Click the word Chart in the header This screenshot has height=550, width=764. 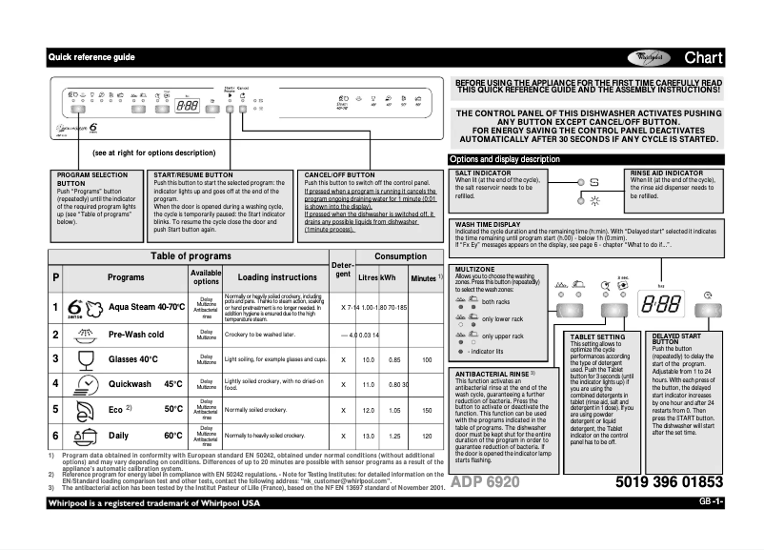705,58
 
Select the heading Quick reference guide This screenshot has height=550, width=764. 92,58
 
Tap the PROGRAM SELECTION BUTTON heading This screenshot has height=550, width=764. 91,179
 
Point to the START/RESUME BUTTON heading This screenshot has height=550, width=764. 192,175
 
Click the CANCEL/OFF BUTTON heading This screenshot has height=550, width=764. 339,175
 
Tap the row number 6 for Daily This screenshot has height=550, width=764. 55,436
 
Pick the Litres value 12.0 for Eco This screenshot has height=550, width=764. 368,410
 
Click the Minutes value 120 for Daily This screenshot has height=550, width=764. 427,436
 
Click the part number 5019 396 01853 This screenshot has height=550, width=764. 669,482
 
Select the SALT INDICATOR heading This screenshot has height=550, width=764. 487,171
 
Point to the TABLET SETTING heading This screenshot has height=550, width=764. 597,336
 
